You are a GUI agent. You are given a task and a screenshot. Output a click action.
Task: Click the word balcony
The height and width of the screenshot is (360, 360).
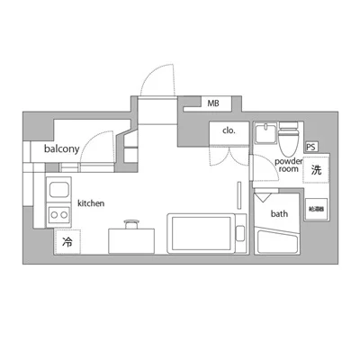62,148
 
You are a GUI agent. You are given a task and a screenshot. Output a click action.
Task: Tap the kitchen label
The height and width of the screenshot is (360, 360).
91,204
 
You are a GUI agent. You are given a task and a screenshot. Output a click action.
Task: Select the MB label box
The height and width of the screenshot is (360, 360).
213,103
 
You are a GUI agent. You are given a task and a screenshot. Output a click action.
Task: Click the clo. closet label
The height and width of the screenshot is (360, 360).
229,130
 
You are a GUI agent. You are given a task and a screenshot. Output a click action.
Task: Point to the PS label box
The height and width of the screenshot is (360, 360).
311,147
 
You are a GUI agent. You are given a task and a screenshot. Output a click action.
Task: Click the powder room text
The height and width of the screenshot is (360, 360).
287,165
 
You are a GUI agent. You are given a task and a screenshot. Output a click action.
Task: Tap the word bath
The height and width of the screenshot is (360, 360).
280,214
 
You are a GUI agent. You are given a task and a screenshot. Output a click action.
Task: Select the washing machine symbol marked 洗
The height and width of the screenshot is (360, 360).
316,169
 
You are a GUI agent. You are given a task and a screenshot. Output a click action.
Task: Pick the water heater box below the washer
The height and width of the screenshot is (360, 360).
316,209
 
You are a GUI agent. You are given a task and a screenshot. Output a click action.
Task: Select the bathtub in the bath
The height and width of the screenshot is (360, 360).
278,240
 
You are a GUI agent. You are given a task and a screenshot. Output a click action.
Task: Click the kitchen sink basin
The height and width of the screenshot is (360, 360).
59,191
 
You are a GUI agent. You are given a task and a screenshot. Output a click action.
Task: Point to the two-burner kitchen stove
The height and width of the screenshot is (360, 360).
59,215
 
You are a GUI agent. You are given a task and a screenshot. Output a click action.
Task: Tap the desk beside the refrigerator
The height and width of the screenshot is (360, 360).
127,241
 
